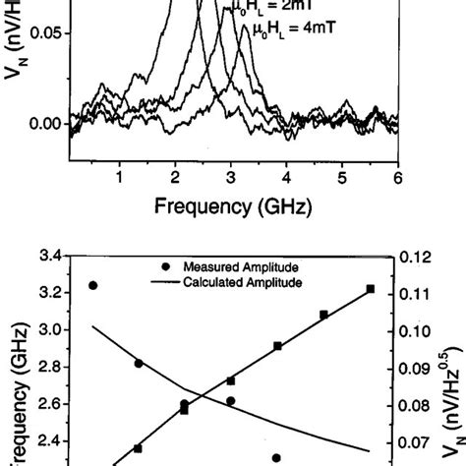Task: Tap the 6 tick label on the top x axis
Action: click(x=398, y=177)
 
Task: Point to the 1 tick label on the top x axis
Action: click(x=119, y=177)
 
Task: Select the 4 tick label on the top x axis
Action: click(x=287, y=177)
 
